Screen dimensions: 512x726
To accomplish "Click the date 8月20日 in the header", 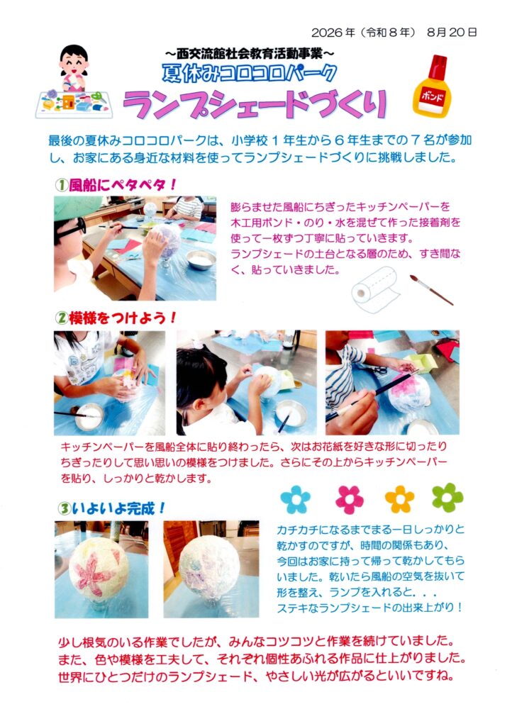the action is [x=451, y=33].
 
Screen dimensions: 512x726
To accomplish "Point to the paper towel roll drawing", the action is [x=374, y=290].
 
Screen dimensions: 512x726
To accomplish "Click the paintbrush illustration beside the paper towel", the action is [x=431, y=290].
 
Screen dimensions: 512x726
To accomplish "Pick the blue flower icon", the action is [x=295, y=499].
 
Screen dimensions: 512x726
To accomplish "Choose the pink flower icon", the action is [x=350, y=500].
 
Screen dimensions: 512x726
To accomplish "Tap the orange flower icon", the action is [x=399, y=499].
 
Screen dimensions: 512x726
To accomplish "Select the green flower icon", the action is [x=447, y=498].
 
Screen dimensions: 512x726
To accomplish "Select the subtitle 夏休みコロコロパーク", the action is [x=249, y=73].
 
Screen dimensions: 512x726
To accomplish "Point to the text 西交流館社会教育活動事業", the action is [x=249, y=54].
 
